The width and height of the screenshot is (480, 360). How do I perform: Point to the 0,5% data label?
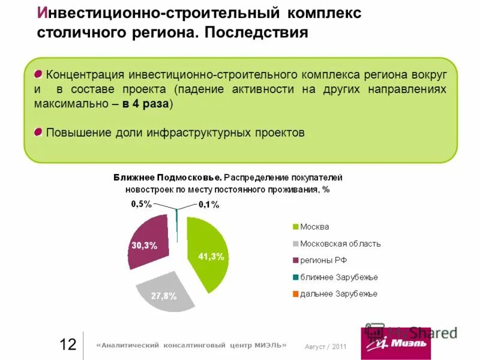click(142, 204)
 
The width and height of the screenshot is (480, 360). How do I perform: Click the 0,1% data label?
click(208, 205)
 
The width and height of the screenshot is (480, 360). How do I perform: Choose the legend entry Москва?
click(314, 227)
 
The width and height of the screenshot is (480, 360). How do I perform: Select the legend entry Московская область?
click(340, 244)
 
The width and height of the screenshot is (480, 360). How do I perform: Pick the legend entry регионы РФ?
click(323, 260)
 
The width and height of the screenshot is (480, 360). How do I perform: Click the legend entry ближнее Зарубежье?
click(338, 277)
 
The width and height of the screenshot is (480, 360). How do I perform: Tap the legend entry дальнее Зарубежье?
click(338, 294)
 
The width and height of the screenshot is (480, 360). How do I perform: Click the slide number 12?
click(68, 344)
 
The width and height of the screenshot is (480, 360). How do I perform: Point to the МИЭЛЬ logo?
click(396, 343)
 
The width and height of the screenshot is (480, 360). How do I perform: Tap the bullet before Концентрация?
click(38, 74)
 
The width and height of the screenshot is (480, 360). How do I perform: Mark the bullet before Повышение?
click(38, 131)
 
